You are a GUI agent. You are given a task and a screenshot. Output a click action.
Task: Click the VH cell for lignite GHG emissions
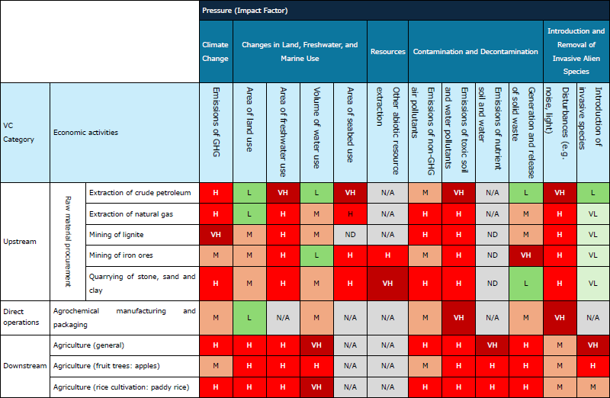pos(216,235)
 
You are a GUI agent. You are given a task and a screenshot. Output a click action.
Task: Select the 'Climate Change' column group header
pos(216,51)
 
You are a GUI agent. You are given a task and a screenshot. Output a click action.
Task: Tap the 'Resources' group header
pos(387,52)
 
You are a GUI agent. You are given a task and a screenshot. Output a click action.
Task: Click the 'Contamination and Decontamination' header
pos(475,52)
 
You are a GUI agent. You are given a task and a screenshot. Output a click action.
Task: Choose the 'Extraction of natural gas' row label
pos(130,214)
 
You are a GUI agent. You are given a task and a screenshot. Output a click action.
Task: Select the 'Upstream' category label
pos(20,242)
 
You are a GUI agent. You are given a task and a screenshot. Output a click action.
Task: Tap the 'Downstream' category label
pos(24,367)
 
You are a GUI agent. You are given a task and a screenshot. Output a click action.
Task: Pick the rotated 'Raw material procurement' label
pos(67,241)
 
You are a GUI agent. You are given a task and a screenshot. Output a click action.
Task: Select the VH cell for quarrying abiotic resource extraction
pos(387,283)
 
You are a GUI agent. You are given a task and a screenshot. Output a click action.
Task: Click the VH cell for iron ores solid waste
pos(525,255)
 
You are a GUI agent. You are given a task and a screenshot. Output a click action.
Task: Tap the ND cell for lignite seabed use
pos(350,235)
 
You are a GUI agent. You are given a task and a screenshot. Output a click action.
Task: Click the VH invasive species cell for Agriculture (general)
pos(593,345)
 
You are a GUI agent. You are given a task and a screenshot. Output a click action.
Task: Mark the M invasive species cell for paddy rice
pos(593,387)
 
